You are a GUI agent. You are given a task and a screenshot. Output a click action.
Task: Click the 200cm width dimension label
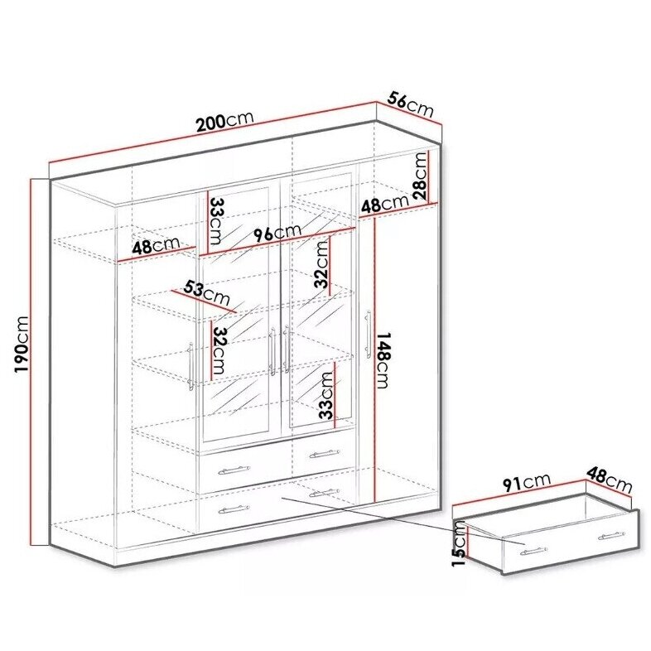(224, 120)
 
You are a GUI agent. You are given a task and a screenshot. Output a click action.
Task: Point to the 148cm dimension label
(383, 360)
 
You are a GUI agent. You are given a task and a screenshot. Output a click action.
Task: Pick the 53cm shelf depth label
(207, 292)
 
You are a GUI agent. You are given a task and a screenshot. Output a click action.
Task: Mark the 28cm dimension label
(420, 176)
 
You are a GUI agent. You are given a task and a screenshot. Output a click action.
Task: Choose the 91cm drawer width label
(527, 483)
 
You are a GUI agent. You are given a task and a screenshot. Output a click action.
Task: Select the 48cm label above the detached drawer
(609, 480)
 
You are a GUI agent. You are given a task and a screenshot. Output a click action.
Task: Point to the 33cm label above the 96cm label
(217, 220)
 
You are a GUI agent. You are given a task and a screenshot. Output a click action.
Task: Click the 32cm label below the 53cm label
(219, 350)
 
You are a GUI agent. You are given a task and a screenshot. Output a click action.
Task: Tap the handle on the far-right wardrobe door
(368, 335)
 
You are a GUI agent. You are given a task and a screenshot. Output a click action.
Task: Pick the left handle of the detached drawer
(533, 551)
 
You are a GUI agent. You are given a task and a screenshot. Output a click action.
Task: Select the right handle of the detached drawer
(611, 537)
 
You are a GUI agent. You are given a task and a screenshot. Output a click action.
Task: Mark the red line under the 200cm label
(213, 133)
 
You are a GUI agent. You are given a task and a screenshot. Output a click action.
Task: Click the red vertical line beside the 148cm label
(374, 359)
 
